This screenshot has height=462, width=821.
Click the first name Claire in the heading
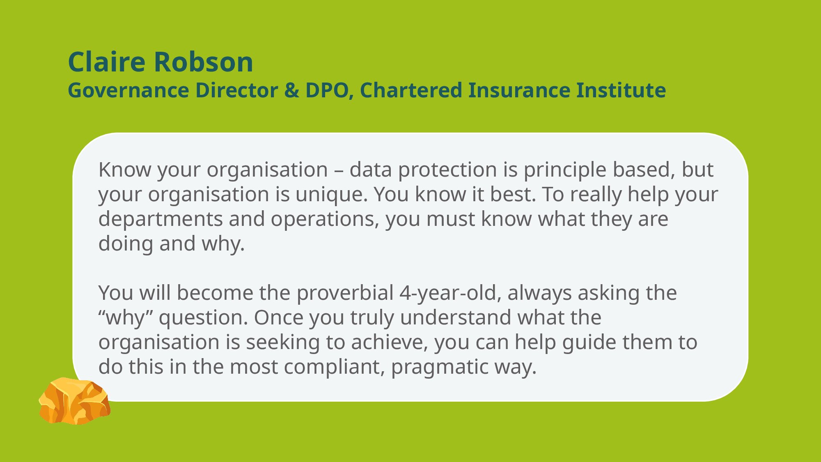(x=107, y=62)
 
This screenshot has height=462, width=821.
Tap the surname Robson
(x=204, y=62)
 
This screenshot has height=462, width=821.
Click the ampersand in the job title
(x=291, y=90)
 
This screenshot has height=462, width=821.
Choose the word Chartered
(x=411, y=90)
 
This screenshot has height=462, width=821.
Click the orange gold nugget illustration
(x=74, y=401)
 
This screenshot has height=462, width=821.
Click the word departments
(x=161, y=219)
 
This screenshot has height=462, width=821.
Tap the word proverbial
(x=345, y=293)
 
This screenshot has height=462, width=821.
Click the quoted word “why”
(x=126, y=318)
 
